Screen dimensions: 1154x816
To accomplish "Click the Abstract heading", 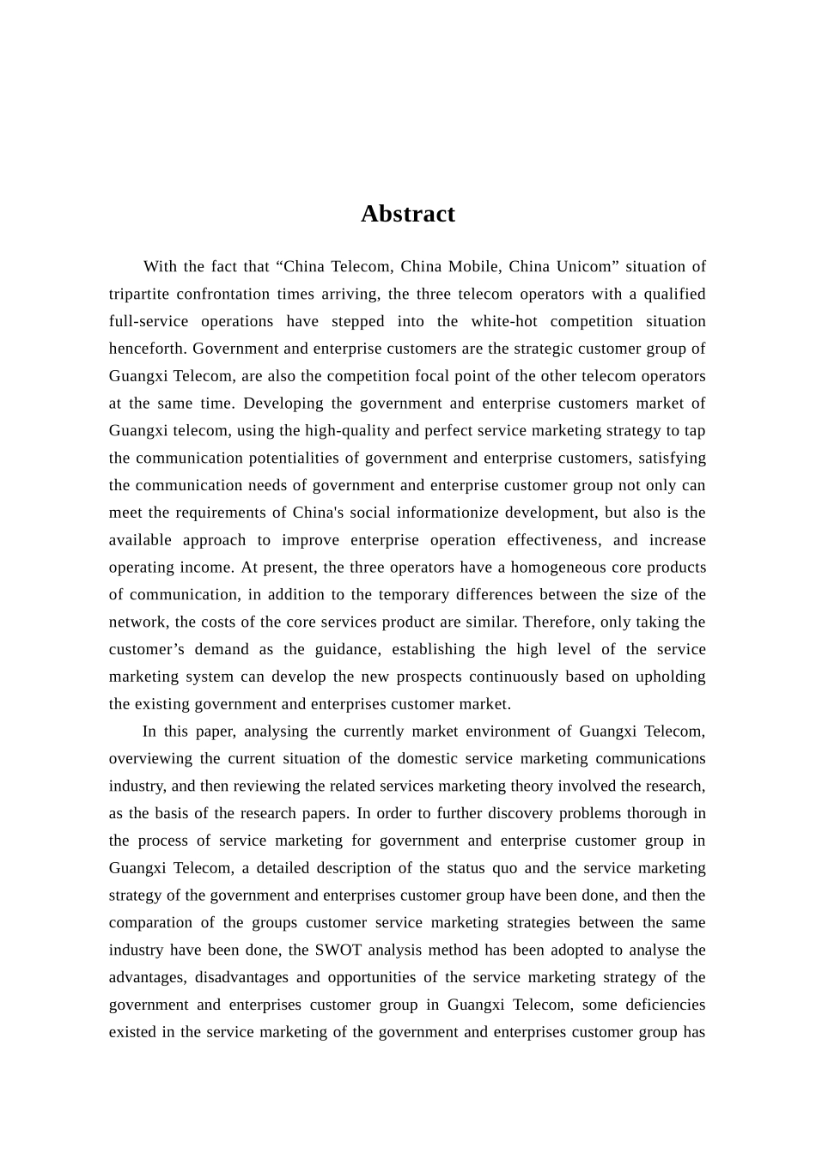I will [x=407, y=214].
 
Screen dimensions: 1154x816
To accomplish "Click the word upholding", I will [x=671, y=677].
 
